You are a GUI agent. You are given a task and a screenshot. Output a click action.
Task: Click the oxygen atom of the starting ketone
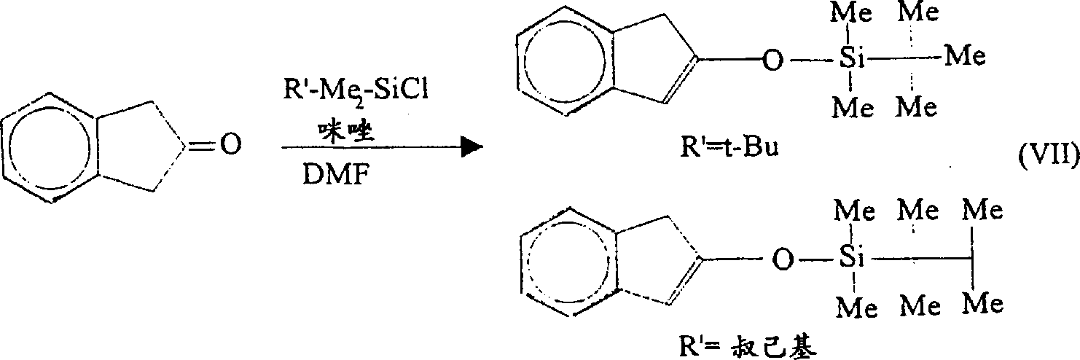coord(231,144)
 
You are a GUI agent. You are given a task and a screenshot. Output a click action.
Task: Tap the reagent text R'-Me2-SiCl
coord(356,90)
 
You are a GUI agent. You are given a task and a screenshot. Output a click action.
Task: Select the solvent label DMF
coord(335,174)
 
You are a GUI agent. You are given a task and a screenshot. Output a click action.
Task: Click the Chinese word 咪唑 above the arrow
coord(345,130)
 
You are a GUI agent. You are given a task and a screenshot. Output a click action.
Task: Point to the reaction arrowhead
coord(471,147)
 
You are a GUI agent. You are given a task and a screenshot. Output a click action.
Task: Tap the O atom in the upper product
coord(772,60)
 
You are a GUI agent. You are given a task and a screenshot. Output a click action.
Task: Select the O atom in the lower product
coord(782,259)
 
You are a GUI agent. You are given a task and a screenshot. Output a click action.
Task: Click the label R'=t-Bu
coord(729,147)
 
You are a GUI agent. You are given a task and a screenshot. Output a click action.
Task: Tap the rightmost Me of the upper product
coord(965,56)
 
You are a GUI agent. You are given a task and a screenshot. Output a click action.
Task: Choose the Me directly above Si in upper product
coord(851,12)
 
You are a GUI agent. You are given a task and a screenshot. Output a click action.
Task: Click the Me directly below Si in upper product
coord(853,107)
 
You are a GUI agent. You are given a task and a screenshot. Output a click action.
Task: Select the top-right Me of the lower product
coord(982,211)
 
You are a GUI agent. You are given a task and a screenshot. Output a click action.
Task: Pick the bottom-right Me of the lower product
coord(983,304)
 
